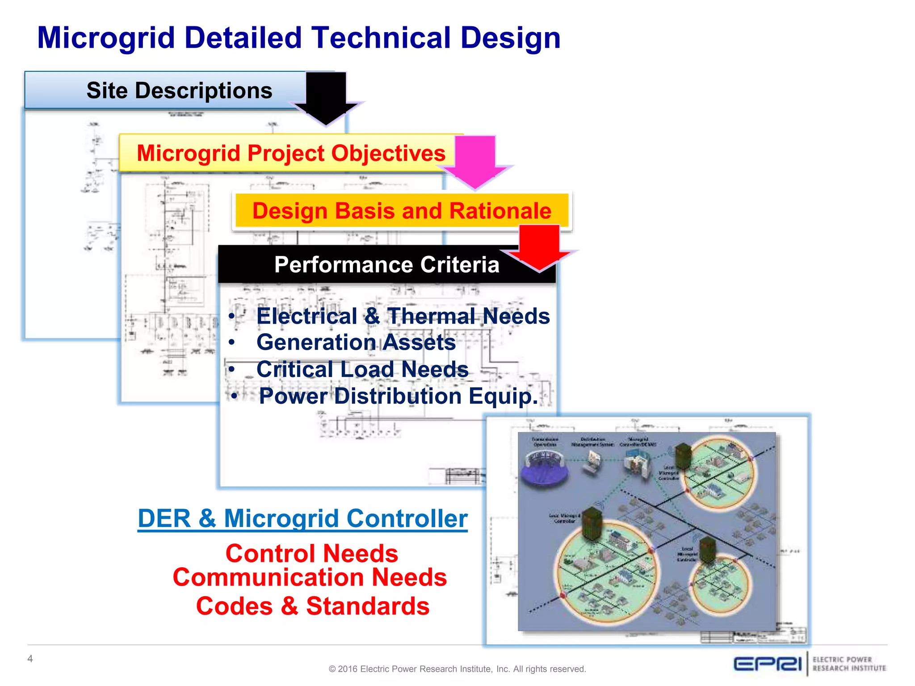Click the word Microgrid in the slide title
tap(106, 38)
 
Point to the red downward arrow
tap(539, 248)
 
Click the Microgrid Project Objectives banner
tap(290, 153)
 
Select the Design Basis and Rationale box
tap(401, 211)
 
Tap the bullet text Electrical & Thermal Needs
tap(403, 316)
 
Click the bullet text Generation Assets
tap(356, 343)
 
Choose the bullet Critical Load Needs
tap(362, 369)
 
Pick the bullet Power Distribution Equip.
tap(398, 396)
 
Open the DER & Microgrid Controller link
tap(302, 519)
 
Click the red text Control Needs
tap(311, 553)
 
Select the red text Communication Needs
tap(310, 577)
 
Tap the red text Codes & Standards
tap(312, 606)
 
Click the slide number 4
tap(30, 659)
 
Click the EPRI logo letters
tap(767, 664)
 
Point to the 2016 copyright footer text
tap(457, 669)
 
